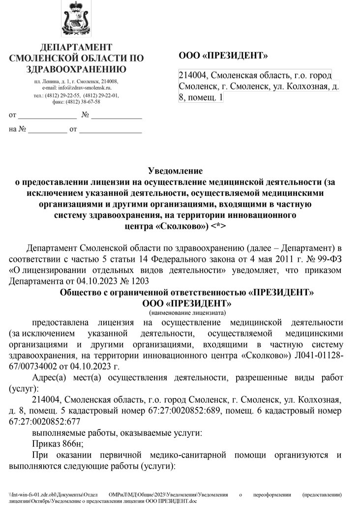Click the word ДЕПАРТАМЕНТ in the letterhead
pyautogui.click(x=76, y=47)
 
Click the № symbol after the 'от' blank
pyautogui.click(x=85, y=116)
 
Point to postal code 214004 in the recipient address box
pyautogui.click(x=193, y=76)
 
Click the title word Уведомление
pyautogui.click(x=175, y=171)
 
